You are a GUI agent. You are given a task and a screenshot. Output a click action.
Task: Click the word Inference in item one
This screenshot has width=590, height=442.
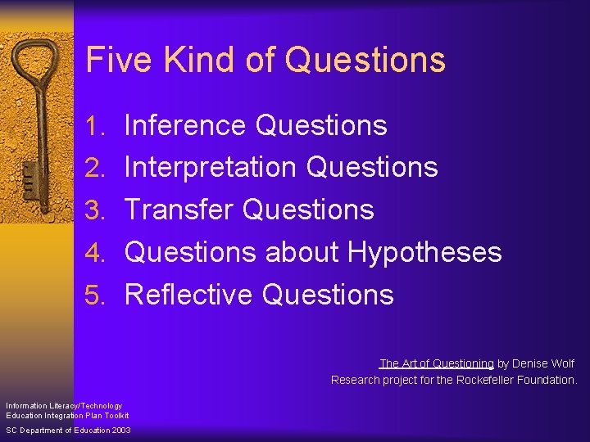coord(185,125)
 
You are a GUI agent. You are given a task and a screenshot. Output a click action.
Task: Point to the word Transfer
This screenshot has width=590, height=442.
coord(179,210)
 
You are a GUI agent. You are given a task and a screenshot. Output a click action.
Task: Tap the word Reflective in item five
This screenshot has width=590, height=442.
coord(188,295)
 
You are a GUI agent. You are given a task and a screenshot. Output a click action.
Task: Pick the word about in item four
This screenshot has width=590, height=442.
coord(302,252)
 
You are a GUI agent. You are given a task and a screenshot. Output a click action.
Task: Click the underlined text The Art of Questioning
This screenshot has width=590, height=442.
coord(437,363)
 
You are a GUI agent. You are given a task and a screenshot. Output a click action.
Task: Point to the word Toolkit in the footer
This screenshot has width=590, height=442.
coord(114,416)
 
